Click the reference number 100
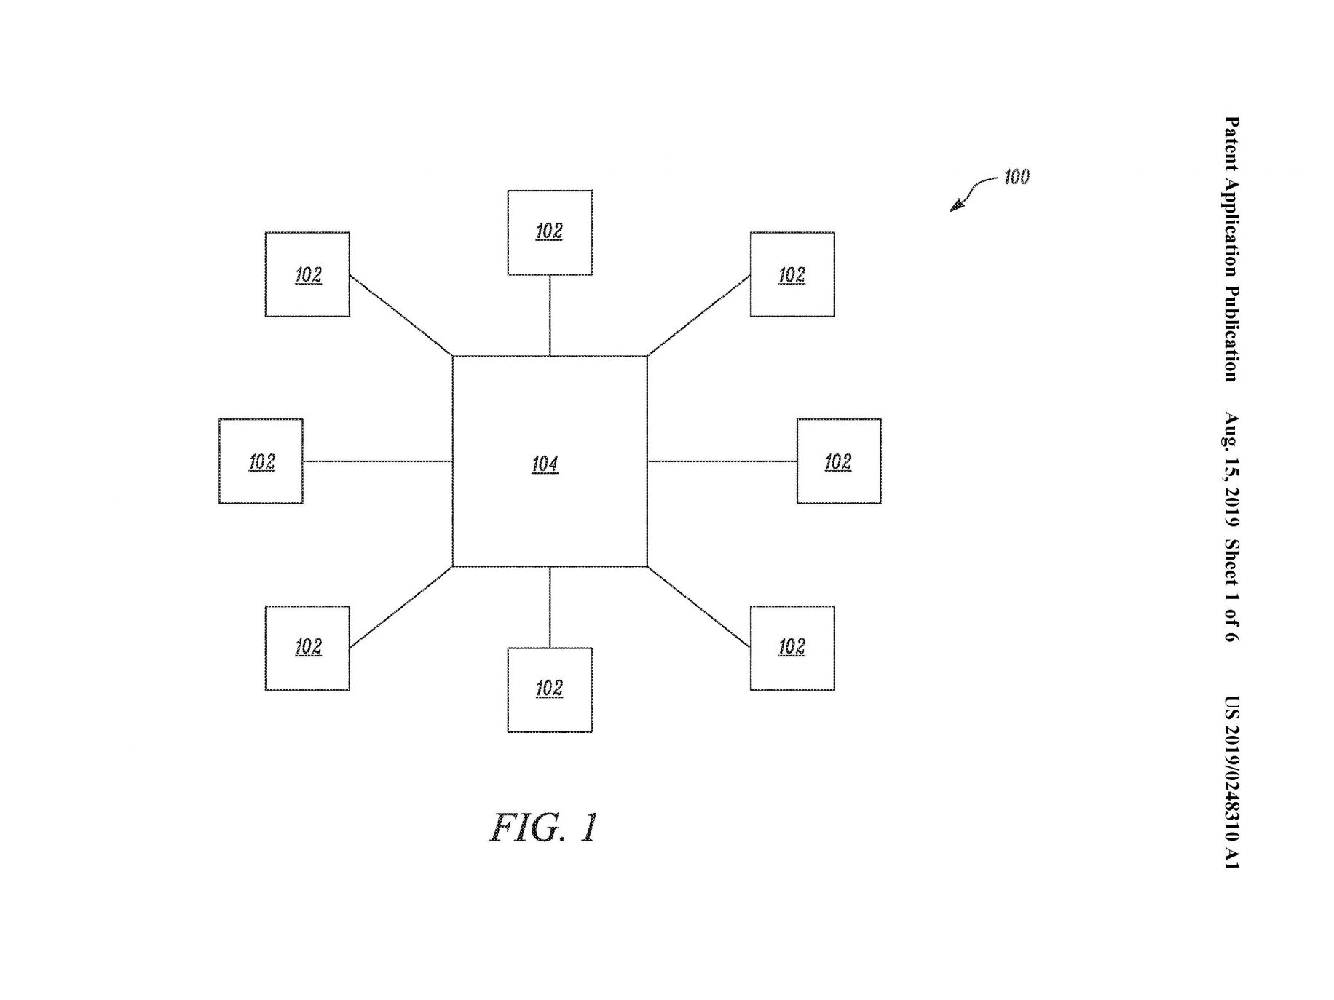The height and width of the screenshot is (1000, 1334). (x=1017, y=177)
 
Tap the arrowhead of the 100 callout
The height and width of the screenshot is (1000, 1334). (x=955, y=207)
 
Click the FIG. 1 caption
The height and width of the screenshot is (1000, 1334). (x=543, y=828)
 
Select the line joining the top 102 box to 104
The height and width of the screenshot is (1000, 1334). (x=550, y=316)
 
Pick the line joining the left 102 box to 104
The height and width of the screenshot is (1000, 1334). (x=378, y=461)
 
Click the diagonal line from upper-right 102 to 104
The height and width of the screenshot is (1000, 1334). (x=699, y=315)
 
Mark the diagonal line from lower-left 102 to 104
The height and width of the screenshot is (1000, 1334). (x=401, y=607)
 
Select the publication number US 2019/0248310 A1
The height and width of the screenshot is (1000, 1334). (x=1231, y=782)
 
